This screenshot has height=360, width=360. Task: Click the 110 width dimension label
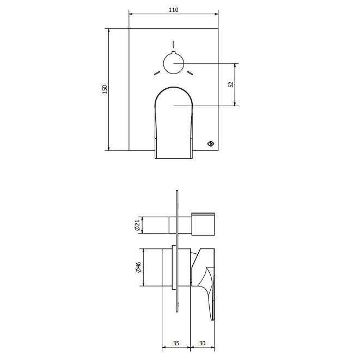point(173,10)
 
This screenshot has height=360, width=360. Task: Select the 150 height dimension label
point(105,89)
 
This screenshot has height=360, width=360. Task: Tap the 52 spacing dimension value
point(231,84)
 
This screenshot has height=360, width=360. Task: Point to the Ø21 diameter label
point(137,225)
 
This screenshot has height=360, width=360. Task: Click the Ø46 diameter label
point(138,267)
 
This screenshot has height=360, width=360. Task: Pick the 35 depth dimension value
point(176,343)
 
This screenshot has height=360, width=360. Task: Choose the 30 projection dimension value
point(202,343)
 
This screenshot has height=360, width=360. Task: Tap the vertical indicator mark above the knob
point(174,44)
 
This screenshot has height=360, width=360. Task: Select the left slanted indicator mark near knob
point(157,73)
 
